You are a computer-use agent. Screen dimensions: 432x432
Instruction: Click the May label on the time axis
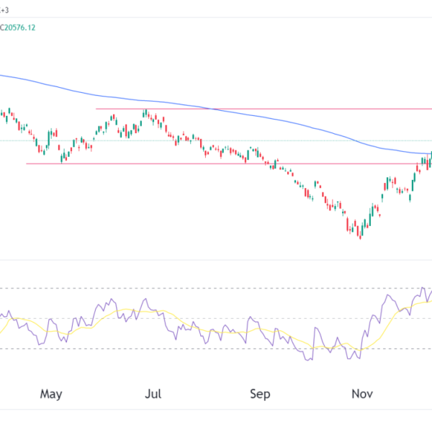click(51, 394)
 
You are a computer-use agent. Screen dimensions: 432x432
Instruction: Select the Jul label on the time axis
click(152, 394)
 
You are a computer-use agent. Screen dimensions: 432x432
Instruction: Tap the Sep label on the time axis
click(260, 394)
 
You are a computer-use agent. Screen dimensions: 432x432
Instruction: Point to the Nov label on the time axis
click(362, 394)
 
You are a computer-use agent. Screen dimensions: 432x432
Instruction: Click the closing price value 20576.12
click(32, 27)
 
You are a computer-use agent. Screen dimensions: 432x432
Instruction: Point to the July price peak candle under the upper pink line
click(145, 113)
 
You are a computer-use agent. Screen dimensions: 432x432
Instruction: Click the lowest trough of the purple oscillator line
click(310, 359)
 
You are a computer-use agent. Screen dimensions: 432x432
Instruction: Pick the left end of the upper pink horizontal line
click(96, 109)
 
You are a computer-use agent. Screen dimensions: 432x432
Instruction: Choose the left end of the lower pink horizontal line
click(27, 163)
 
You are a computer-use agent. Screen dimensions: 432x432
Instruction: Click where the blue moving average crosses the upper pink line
click(210, 109)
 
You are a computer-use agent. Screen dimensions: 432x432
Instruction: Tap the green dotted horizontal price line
click(216, 140)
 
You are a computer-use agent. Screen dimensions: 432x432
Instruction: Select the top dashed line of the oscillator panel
click(216, 289)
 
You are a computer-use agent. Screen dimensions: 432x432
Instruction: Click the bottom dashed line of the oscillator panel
click(216, 349)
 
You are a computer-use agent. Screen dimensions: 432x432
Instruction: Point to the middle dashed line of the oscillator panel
click(216, 319)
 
